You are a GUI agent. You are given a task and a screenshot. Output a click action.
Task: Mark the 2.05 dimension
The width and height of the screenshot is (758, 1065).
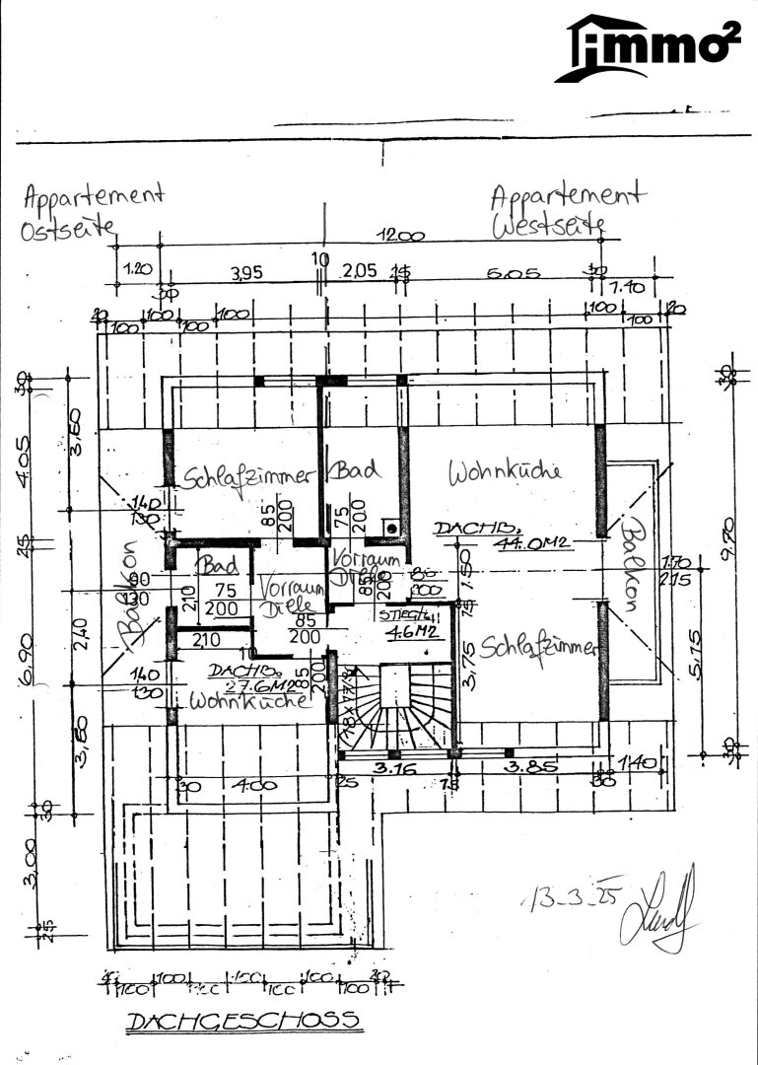pyautogui.click(x=360, y=272)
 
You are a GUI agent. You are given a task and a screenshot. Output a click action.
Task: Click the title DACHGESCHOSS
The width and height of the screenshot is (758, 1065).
pyautogui.click(x=241, y=1021)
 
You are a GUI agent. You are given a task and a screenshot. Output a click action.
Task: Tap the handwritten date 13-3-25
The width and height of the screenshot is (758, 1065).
pyautogui.click(x=565, y=899)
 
